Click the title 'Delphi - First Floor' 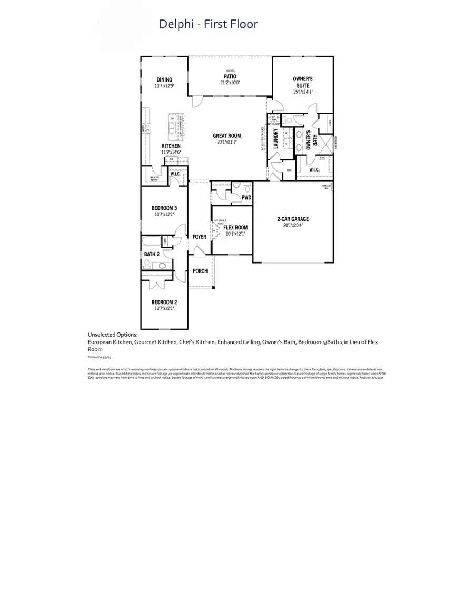209,24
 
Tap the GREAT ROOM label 227,136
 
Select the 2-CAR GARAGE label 293,219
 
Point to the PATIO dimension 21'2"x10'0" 230,83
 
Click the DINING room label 164,80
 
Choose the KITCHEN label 171,146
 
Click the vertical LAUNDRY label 275,139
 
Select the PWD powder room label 246,198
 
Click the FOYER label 199,237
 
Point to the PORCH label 200,271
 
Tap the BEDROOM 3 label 164,208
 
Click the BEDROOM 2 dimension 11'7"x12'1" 164,309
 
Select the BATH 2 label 152,254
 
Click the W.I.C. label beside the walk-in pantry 175,174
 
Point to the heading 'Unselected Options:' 113,335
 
